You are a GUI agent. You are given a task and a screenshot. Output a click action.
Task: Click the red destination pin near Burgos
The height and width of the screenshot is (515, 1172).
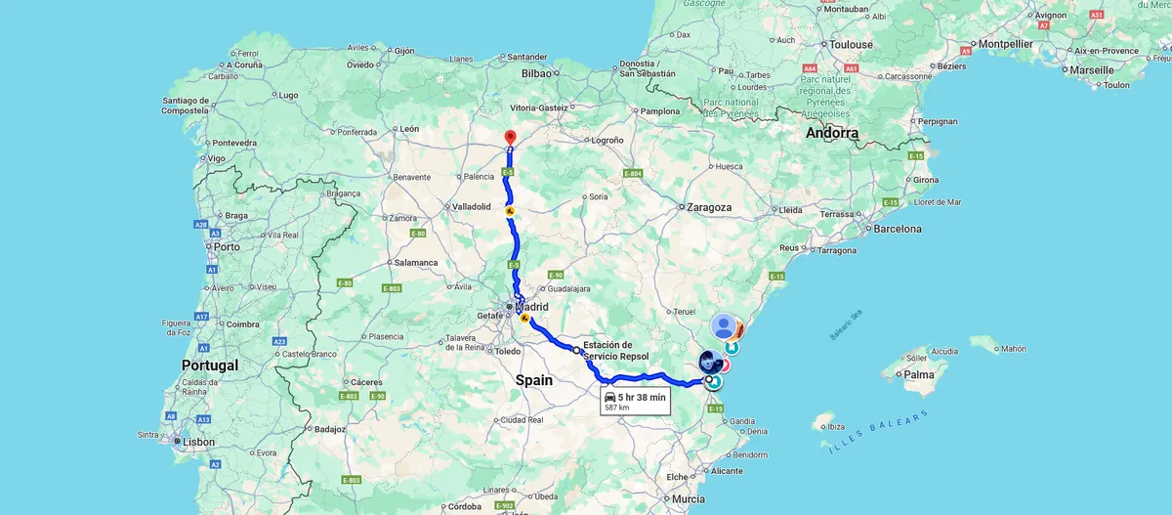[509, 138]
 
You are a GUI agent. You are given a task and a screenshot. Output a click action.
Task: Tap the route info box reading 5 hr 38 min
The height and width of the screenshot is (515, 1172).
[635, 401]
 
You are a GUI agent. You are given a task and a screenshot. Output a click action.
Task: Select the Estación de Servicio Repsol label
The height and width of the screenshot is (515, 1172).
[615, 351]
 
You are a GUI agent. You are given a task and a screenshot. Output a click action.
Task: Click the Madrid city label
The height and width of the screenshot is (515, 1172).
[531, 307]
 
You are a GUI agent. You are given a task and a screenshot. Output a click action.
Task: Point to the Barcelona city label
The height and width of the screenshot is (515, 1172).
[898, 229]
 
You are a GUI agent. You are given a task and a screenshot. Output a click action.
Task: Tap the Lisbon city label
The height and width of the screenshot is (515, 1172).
[199, 442]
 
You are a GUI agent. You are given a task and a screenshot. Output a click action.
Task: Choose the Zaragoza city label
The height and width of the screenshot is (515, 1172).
[709, 207]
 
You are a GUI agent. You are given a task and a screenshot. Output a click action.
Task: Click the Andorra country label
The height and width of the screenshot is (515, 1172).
[832, 133]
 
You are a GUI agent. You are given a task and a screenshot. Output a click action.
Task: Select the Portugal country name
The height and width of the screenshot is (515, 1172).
[210, 365]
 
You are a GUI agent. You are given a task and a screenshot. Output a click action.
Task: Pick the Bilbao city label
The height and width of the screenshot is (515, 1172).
[537, 73]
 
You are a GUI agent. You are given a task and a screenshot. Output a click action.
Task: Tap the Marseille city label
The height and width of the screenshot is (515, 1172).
[1091, 70]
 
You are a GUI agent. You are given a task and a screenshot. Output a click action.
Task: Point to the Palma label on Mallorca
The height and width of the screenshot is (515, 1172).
[918, 374]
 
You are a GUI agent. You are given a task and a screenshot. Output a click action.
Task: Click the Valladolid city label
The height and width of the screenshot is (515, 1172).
[478, 207]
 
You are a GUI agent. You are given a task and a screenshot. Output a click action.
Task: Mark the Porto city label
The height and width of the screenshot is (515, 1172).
[228, 246]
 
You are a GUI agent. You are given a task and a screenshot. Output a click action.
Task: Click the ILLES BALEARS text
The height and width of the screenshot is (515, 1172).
[878, 432]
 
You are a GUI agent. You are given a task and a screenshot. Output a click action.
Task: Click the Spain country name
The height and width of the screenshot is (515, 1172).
[534, 380]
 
